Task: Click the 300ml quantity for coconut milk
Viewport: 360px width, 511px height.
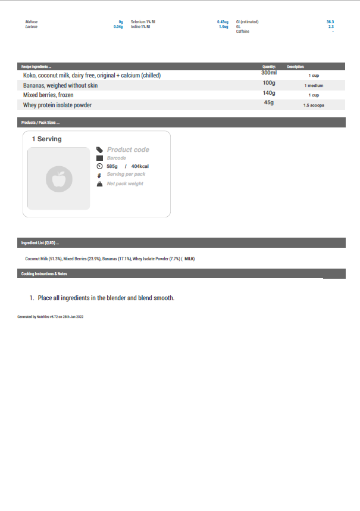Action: [x=269, y=73]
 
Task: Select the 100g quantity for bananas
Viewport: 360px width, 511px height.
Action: [x=269, y=83]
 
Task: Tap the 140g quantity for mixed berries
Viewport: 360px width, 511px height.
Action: [x=269, y=93]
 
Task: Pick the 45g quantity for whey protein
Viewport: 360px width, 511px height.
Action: [x=269, y=103]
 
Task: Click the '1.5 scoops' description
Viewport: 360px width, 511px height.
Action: [x=314, y=105]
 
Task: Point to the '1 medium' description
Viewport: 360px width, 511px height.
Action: [x=314, y=86]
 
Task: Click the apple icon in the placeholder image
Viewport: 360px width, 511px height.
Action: [x=58, y=179]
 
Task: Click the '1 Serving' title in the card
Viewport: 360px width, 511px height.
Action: [x=46, y=139]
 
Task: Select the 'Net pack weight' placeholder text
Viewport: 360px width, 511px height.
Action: [x=125, y=183]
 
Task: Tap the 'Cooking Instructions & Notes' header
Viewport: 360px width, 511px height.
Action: [x=44, y=274]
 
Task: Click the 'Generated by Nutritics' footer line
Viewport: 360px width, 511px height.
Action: [x=51, y=317]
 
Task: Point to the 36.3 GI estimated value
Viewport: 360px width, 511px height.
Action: [x=330, y=22]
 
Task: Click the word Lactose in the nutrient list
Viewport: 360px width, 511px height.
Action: [x=32, y=27]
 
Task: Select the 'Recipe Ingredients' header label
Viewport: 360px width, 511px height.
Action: [x=36, y=67]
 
